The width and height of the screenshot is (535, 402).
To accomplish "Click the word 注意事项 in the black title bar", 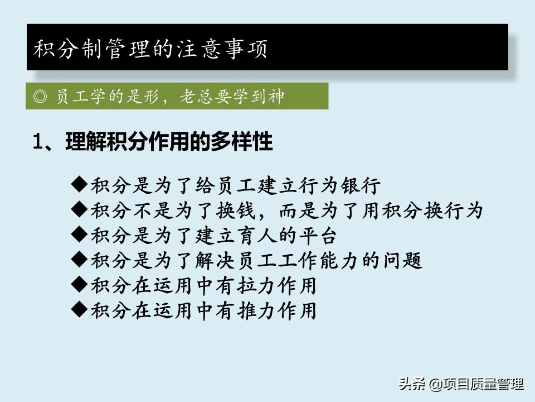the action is (x=222, y=49).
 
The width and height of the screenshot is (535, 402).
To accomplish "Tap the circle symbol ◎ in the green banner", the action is (x=40, y=97).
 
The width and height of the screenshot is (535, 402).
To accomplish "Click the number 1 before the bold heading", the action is (x=37, y=141).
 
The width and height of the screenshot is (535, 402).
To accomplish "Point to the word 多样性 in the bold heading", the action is (x=241, y=141).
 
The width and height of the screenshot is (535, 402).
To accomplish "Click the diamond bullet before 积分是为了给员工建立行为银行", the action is (x=79, y=184).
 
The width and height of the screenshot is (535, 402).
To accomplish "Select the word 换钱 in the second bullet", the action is (x=236, y=210).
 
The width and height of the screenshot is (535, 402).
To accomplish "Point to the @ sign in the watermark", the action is (x=436, y=384).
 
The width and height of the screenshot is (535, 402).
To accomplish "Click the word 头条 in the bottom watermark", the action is (x=412, y=383).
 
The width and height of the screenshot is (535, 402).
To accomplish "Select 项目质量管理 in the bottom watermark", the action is (x=483, y=384).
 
